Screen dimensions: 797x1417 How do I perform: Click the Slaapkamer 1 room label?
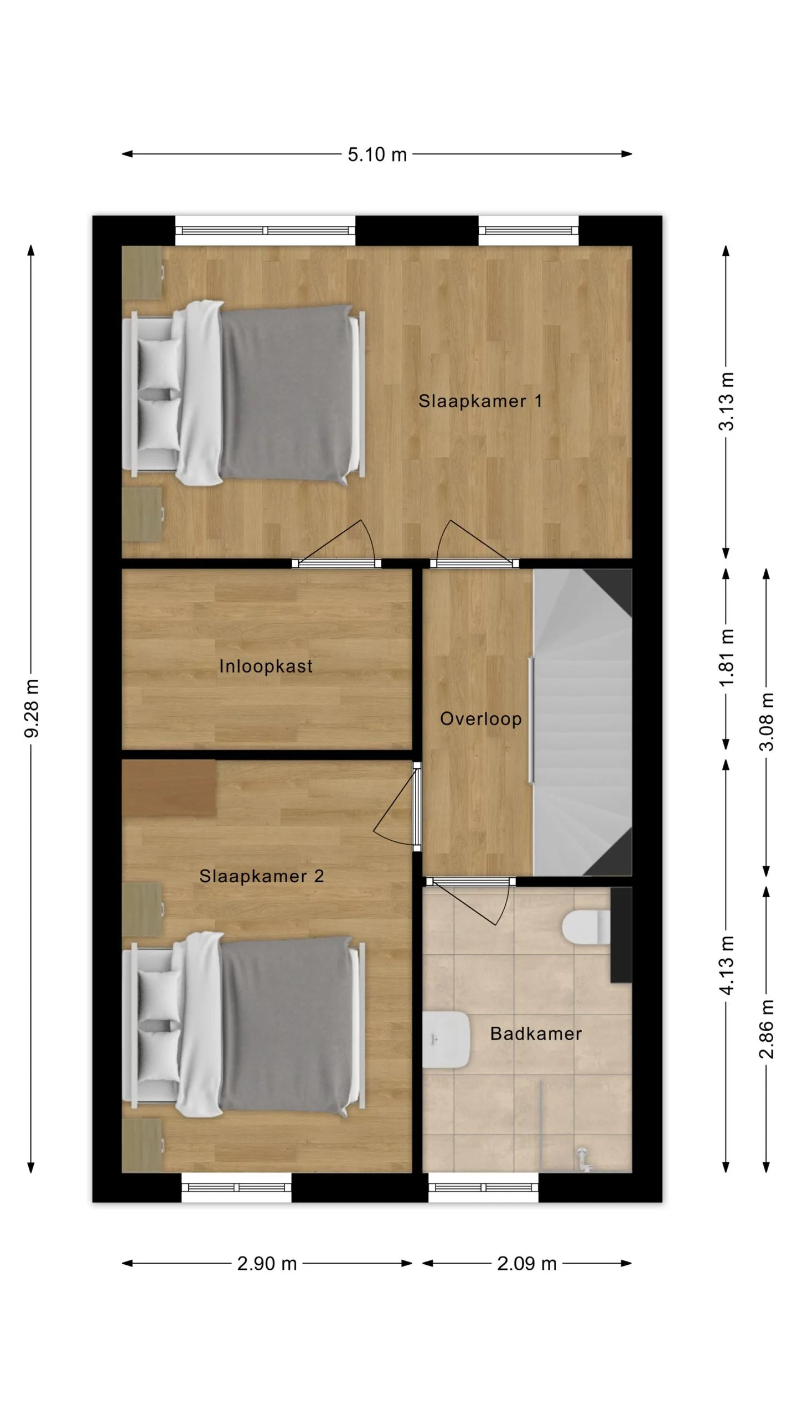pos(480,401)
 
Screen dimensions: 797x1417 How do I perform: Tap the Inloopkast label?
pos(266,666)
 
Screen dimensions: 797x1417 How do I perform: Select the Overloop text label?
pos(480,719)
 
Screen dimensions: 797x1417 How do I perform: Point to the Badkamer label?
pos(536,1033)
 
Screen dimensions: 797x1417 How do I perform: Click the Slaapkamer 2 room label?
pos(261,876)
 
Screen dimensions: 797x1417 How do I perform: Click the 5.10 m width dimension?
pos(377,154)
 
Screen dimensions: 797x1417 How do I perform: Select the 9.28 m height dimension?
pos(32,708)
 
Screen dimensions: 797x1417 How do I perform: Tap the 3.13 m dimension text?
pos(726,401)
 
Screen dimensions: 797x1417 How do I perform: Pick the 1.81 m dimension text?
pos(726,658)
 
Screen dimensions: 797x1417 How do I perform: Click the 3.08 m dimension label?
pos(767,721)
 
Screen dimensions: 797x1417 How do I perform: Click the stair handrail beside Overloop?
pos(531,720)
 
